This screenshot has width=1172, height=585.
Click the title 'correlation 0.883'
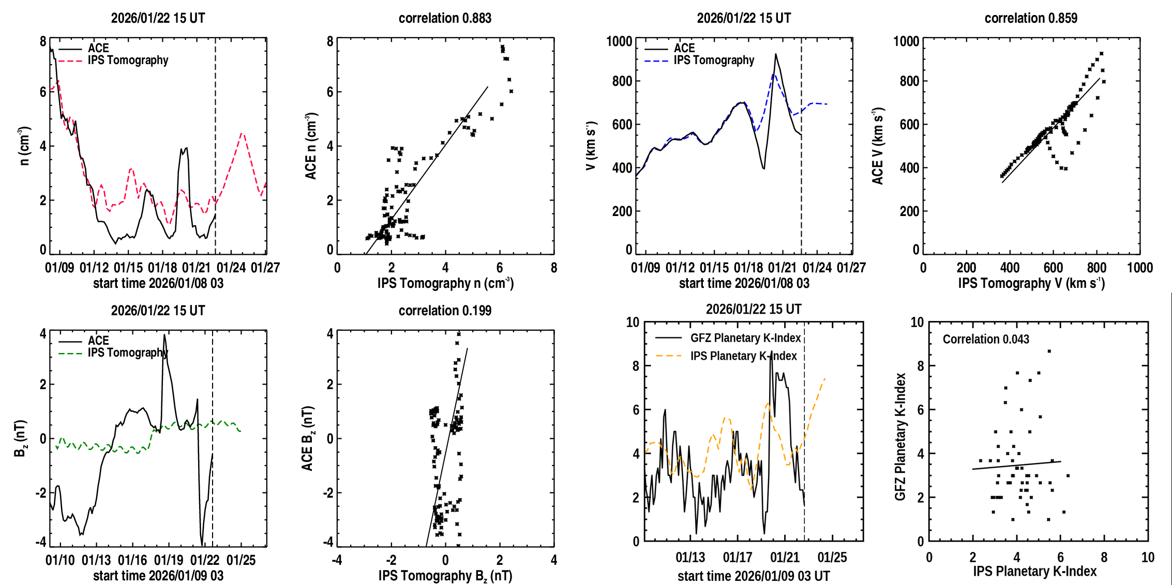pyautogui.click(x=445, y=18)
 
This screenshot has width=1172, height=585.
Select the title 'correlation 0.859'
pyautogui.click(x=1031, y=18)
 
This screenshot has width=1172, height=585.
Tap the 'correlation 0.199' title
pyautogui.click(x=445, y=311)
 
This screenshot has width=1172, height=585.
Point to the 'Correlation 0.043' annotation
pyautogui.click(x=986, y=339)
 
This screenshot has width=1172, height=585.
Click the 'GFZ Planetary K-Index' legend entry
pyautogui.click(x=745, y=338)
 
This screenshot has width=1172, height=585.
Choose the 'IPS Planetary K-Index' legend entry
pyautogui.click(x=743, y=356)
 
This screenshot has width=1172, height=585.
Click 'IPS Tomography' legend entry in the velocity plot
pyautogui.click(x=714, y=60)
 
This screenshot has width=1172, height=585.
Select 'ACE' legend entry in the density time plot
pyautogui.click(x=98, y=48)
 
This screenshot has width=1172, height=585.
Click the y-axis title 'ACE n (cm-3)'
pyautogui.click(x=311, y=146)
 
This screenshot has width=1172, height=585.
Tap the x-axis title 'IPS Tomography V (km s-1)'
pyautogui.click(x=1031, y=283)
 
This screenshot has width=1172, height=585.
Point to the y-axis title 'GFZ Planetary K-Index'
pyautogui.click(x=900, y=437)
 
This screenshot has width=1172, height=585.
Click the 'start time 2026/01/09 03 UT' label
pyautogui.click(x=754, y=576)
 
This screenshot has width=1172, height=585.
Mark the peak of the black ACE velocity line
pyautogui.click(x=775, y=54)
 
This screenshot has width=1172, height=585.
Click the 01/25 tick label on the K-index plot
pyautogui.click(x=832, y=558)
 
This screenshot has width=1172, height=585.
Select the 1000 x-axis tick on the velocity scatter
pyautogui.click(x=1140, y=268)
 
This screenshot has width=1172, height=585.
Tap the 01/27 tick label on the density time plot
pyautogui.click(x=265, y=268)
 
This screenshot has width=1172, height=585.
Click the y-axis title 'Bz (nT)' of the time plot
pyautogui.click(x=20, y=438)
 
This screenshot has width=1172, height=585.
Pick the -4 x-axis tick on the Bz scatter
pyautogui.click(x=337, y=560)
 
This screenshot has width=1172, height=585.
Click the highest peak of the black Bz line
pyautogui.click(x=164, y=335)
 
